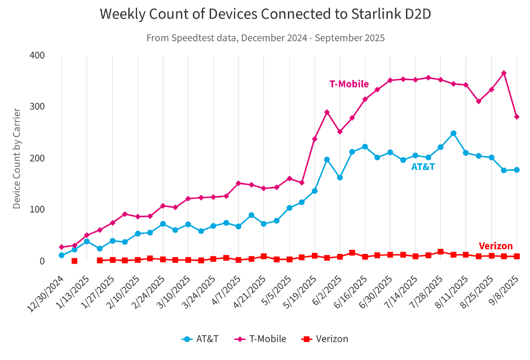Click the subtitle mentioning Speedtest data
point(265,38)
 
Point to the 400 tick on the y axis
point(37,55)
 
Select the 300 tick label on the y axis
point(37,107)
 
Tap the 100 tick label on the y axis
point(37,209)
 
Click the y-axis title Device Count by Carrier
point(17,159)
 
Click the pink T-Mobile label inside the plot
point(349,84)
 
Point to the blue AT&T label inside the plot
point(423,167)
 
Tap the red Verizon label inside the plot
point(496,246)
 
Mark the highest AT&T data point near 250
point(453,134)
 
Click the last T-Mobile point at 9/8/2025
point(516,117)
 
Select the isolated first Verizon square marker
point(74,261)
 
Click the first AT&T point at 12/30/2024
point(61,256)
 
